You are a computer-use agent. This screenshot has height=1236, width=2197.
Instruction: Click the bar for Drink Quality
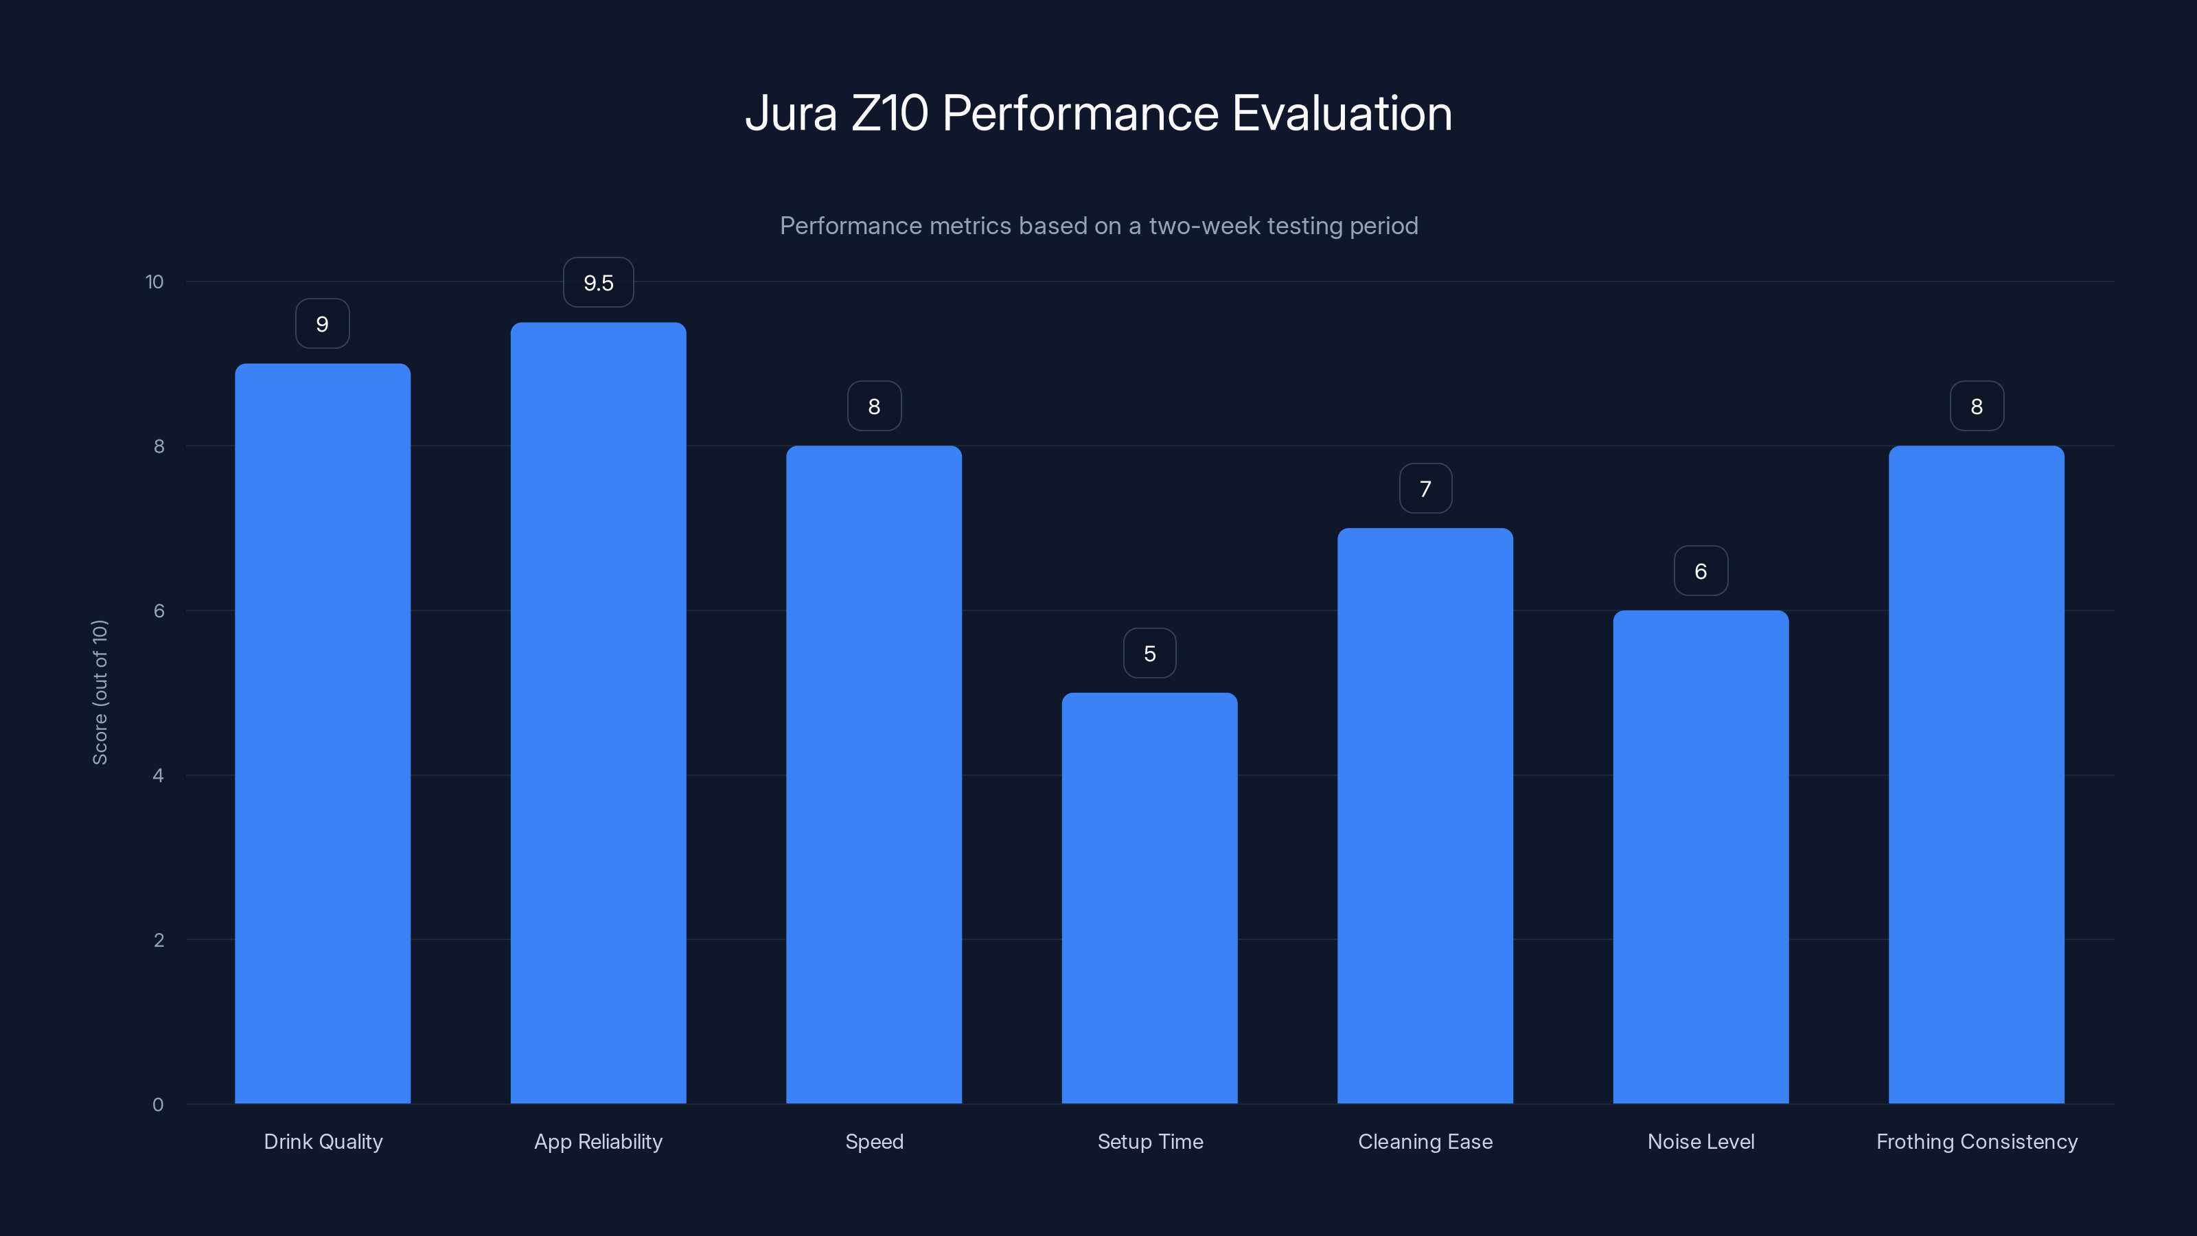click(323, 733)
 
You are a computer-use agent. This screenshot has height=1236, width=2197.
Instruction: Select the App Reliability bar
click(598, 712)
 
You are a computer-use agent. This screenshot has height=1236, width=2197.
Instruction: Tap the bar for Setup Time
click(1149, 897)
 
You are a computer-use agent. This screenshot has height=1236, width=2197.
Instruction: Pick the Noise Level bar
click(1700, 856)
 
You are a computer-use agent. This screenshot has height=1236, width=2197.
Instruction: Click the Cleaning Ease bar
click(1425, 816)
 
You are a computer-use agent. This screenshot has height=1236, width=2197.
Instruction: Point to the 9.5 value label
click(598, 282)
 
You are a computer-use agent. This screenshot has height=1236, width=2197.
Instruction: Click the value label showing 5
click(1149, 654)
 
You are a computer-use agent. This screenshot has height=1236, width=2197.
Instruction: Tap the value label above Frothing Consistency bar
click(1976, 406)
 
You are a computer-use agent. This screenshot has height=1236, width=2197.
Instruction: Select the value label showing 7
click(1425, 489)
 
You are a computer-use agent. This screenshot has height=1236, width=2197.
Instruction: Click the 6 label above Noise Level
click(1700, 571)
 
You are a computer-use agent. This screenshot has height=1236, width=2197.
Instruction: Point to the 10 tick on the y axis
click(154, 282)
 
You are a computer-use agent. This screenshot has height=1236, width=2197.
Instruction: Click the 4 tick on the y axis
click(158, 775)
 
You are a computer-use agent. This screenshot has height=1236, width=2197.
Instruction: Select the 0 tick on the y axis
click(158, 1105)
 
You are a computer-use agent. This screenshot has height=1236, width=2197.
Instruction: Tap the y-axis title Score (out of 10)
click(100, 691)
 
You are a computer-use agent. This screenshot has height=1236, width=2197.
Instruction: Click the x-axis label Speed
click(873, 1141)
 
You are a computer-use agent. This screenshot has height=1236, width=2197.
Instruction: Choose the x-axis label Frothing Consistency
click(1976, 1141)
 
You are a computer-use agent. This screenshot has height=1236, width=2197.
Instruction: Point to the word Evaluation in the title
click(1342, 113)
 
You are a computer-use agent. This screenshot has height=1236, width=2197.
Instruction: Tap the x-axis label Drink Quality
click(323, 1141)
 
